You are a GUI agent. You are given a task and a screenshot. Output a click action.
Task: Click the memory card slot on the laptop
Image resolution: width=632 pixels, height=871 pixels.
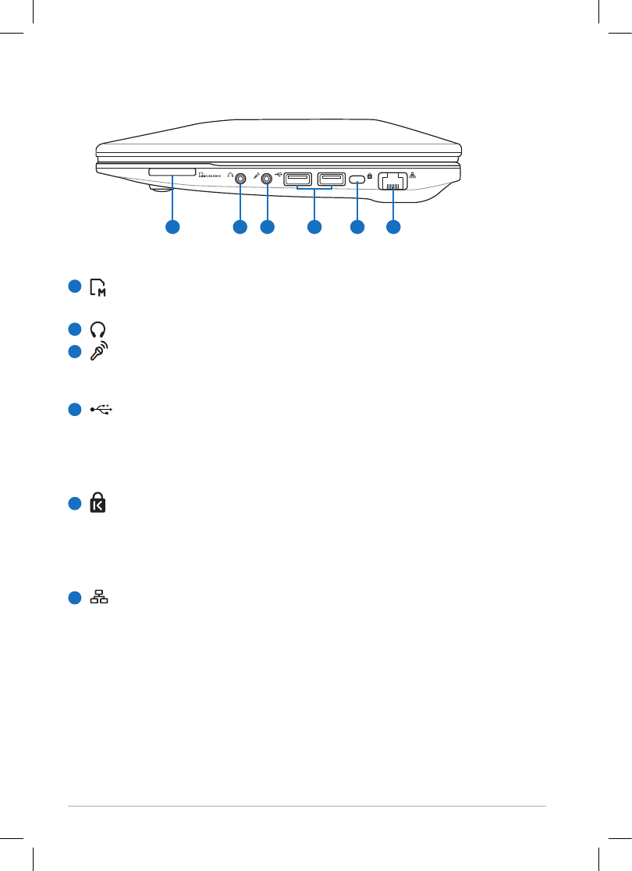[172, 170]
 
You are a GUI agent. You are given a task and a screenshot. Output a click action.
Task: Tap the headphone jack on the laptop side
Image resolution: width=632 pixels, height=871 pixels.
[240, 177]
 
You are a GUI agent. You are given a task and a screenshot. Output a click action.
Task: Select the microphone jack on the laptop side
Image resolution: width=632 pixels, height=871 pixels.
[268, 177]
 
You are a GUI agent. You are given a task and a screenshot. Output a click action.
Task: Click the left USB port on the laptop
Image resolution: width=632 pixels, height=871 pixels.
[297, 179]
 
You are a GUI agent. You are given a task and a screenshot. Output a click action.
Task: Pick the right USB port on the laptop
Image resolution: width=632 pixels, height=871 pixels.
[331, 179]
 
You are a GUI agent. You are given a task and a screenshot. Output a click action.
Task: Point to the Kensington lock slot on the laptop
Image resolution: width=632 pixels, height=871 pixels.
[357, 179]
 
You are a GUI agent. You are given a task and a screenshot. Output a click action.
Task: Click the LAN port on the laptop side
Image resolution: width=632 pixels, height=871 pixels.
[392, 181]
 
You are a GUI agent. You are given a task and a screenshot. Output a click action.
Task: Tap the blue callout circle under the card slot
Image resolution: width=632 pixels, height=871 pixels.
[172, 227]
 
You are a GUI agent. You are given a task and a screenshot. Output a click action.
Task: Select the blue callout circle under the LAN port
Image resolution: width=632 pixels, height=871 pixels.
[393, 227]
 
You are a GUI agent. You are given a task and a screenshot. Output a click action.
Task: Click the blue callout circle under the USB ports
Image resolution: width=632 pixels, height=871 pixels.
[314, 227]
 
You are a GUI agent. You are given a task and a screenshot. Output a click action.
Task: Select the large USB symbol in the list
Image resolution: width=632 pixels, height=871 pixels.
[101, 408]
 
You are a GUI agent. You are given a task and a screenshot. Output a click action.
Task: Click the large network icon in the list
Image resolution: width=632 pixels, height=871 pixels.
[99, 598]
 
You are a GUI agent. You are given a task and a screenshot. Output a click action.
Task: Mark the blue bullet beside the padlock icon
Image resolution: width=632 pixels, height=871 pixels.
[75, 503]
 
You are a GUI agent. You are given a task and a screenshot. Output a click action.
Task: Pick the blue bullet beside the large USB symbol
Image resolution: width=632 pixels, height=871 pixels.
[75, 409]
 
